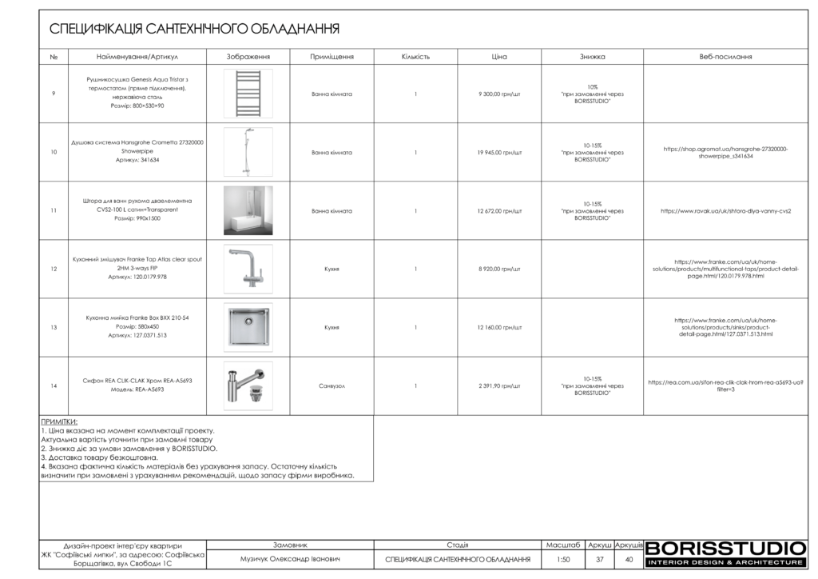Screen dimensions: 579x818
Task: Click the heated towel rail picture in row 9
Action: [x=248, y=94]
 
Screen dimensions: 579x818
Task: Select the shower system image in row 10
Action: [x=248, y=152]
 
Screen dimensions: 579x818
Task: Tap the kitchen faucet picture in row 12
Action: [x=248, y=269]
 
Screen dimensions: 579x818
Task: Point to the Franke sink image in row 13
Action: [x=248, y=327]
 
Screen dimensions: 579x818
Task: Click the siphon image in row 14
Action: [x=248, y=385]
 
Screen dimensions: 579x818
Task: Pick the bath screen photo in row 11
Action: [x=248, y=210]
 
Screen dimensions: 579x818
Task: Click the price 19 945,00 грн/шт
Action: [x=500, y=152]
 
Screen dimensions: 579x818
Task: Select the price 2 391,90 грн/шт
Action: [x=500, y=385]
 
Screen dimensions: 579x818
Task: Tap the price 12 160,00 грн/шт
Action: [x=500, y=327]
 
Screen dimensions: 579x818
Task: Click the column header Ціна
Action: [x=500, y=57]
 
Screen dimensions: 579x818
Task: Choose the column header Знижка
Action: [x=592, y=57]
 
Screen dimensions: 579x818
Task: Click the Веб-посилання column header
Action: [x=725, y=57]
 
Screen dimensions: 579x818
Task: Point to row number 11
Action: [x=54, y=211]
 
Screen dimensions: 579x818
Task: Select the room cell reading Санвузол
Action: [x=332, y=385]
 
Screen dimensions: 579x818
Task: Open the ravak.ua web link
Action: [x=725, y=211]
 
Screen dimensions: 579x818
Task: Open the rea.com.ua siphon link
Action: [x=725, y=385]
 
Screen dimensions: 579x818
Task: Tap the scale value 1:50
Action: [x=563, y=560]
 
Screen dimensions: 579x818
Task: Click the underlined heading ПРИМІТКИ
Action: [x=59, y=421]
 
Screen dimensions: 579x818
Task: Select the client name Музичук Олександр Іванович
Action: [x=290, y=560]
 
